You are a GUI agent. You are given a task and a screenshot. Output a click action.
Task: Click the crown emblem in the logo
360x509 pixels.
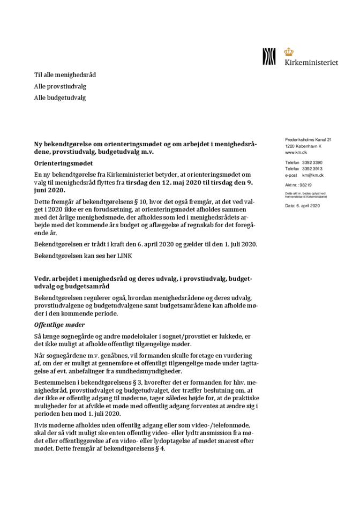289,52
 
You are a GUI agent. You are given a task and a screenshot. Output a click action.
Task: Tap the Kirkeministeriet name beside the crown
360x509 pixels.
311,62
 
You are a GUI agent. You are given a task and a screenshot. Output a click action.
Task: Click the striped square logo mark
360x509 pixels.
269,56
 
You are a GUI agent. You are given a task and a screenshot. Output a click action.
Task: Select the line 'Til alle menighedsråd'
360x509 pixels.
65,75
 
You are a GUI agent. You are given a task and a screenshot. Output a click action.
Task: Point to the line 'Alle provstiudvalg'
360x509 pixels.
61,86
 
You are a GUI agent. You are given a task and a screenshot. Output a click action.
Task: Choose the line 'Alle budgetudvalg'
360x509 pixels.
60,98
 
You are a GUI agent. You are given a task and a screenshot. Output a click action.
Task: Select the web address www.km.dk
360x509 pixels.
296,153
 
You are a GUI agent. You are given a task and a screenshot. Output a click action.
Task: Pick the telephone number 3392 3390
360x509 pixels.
312,162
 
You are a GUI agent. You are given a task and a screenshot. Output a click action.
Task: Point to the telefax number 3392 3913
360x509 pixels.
312,169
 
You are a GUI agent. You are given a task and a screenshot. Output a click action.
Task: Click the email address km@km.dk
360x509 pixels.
313,175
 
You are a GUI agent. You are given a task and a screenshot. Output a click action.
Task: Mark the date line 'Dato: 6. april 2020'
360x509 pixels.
302,206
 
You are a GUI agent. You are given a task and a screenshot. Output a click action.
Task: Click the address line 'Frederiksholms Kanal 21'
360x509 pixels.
309,140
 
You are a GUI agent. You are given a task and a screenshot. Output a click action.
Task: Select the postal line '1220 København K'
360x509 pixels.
303,146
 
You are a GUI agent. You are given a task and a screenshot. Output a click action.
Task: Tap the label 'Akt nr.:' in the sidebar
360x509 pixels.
292,184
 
